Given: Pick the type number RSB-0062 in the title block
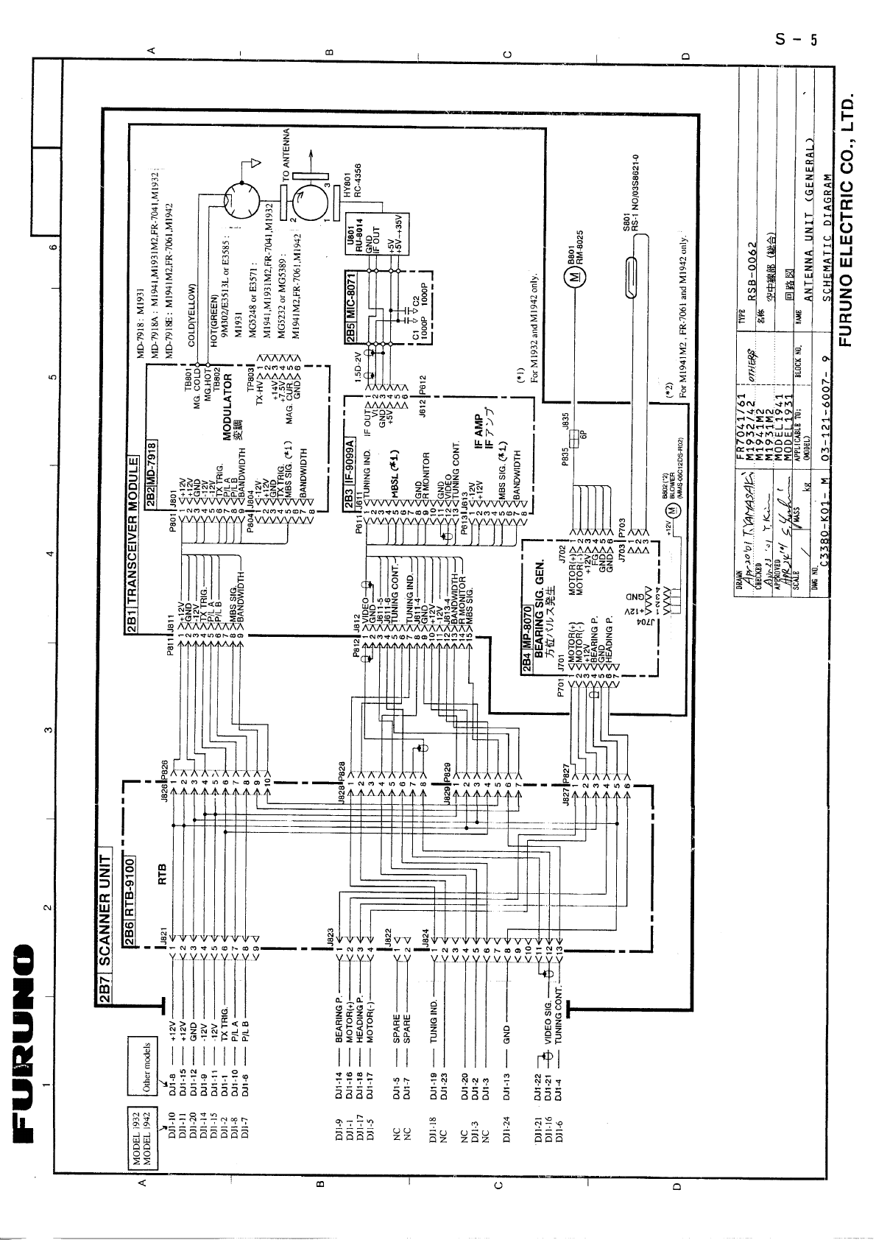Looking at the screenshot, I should pyautogui.click(x=752, y=269).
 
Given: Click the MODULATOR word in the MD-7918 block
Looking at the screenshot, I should pyautogui.click(x=228, y=408).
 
